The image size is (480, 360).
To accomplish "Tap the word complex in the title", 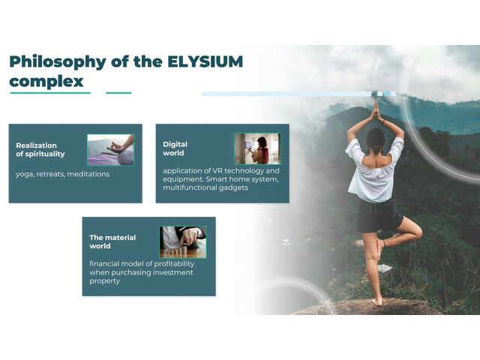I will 46,81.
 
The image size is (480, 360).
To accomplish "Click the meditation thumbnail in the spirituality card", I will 110,149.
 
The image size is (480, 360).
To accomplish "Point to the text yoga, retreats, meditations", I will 63,174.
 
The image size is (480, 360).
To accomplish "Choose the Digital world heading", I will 175,149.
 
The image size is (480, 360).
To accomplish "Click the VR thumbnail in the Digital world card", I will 257,148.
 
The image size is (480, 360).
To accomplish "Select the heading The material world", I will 112,241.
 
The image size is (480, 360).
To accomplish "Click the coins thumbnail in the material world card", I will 183,241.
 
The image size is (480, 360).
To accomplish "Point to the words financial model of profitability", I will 140,264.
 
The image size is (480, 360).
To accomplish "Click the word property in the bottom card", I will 105,281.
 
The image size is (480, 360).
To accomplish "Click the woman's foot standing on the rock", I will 377,300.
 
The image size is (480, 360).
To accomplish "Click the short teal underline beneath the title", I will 118,93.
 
